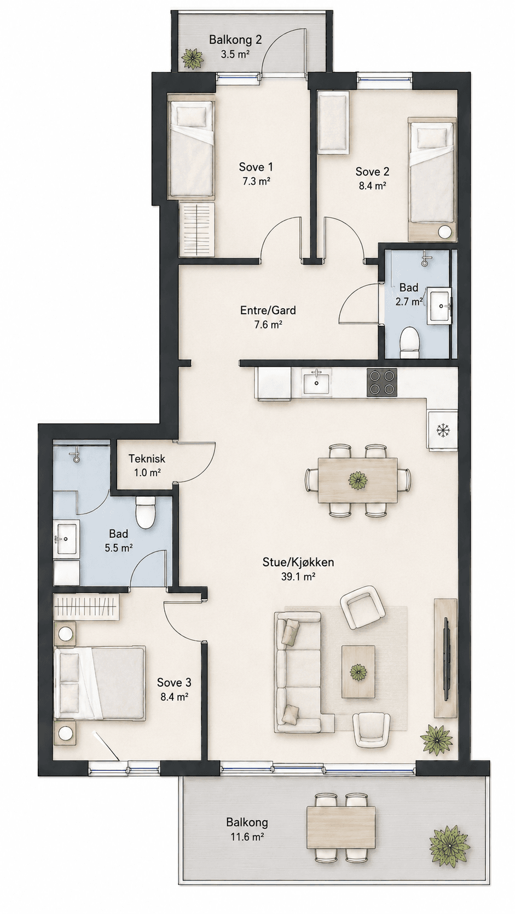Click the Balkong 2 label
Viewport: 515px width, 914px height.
(235, 40)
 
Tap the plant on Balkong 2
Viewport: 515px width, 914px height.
(192, 58)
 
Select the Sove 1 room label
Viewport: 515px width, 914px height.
(256, 167)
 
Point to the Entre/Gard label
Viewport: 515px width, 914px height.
(268, 310)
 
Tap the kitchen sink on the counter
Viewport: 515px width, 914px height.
(317, 382)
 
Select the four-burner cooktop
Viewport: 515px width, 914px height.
(382, 382)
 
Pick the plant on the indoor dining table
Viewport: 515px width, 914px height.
(358, 480)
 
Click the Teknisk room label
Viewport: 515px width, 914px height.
(147, 459)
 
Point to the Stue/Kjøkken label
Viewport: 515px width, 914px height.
(298, 563)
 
